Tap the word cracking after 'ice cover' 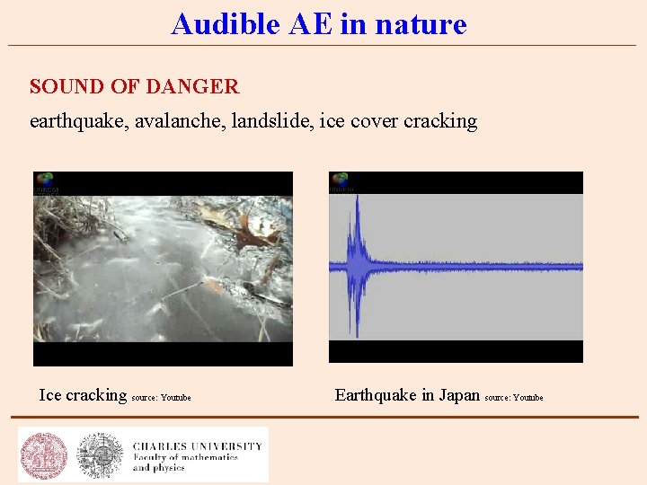point(439,121)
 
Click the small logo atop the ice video point(45,182)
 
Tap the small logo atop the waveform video point(340,182)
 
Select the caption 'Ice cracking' point(83,395)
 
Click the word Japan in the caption point(459,395)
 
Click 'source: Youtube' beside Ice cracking point(162,398)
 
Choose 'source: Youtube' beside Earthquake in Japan point(514,398)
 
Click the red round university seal point(43,454)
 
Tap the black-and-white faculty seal point(99,454)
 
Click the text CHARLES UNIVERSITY point(198,445)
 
